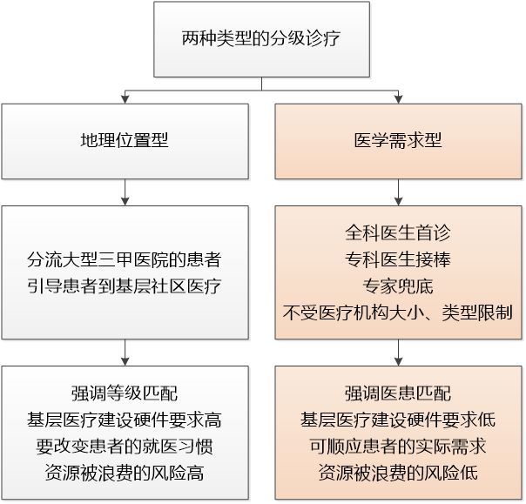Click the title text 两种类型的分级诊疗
(261, 38)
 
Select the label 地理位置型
(125, 140)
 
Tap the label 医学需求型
(398, 140)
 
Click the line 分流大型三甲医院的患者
(125, 259)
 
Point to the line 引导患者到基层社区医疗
(125, 286)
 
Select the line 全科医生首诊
(398, 232)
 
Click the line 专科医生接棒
(398, 259)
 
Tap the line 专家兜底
(398, 286)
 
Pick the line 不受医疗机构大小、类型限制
(398, 312)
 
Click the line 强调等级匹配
(125, 393)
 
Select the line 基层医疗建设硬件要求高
(125, 420)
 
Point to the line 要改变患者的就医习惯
(125, 447)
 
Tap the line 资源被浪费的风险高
(125, 473)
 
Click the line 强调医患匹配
(398, 393)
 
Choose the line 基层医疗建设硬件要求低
(398, 420)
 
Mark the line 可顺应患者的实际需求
(398, 447)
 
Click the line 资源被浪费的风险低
(398, 473)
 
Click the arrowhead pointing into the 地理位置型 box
(125, 99)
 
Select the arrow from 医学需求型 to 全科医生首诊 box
(398, 192)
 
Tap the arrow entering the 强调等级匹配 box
(125, 353)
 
